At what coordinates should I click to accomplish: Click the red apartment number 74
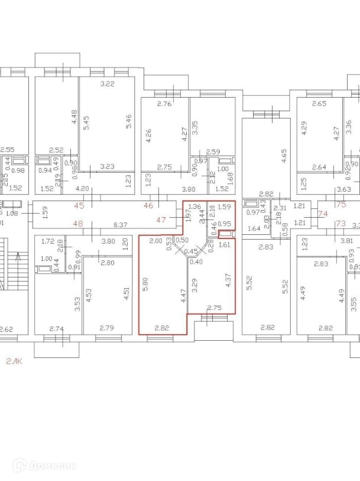[323, 214]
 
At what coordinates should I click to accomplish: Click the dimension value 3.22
[107, 84]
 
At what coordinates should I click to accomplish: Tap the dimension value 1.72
[48, 241]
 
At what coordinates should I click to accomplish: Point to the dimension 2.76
[164, 104]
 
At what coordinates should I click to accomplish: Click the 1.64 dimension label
[254, 229]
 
